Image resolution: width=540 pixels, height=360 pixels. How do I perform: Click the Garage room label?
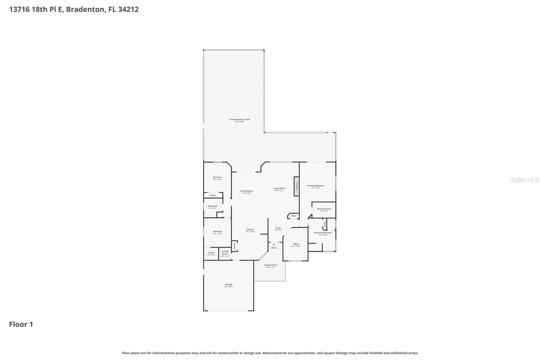(228, 285)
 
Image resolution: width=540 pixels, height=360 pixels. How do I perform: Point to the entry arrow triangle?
(274, 244)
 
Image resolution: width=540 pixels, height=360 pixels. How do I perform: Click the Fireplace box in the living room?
(297, 186)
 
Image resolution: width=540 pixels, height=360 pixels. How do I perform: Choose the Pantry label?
(235, 246)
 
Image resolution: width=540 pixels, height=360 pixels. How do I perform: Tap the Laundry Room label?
(225, 253)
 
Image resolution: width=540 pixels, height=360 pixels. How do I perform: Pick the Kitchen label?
(250, 230)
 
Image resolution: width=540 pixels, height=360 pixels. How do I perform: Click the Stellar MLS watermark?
(524, 180)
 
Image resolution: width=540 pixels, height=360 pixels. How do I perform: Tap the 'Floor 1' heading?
(21, 325)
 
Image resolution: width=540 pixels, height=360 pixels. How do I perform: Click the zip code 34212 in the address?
(128, 9)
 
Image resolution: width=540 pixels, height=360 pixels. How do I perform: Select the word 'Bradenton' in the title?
(85, 9)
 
